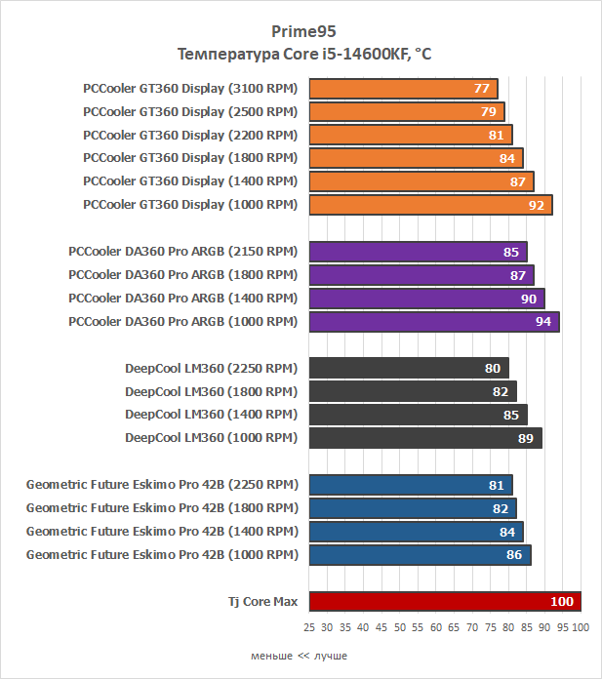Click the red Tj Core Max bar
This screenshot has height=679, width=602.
click(444, 602)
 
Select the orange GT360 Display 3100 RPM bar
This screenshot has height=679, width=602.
click(403, 88)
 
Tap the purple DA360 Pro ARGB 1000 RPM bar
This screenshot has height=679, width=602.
click(434, 321)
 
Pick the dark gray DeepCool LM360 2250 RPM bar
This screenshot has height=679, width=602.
click(408, 368)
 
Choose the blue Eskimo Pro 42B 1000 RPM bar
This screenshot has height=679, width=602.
click(420, 555)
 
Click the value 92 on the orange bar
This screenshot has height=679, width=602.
click(536, 205)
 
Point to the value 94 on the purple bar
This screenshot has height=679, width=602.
click(543, 321)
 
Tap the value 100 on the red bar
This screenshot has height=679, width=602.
click(562, 602)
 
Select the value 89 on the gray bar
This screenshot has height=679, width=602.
click(525, 438)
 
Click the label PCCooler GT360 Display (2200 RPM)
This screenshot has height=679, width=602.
click(190, 135)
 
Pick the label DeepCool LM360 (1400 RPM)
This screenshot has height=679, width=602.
click(211, 415)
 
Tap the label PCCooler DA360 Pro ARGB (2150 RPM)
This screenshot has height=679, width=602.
click(183, 251)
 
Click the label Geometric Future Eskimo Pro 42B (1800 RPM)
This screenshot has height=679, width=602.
click(162, 508)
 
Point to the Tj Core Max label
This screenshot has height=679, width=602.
click(257, 602)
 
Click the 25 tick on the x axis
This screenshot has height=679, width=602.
click(309, 626)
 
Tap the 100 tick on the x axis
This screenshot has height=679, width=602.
click(581, 626)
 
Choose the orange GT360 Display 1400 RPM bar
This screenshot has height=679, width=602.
click(421, 181)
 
